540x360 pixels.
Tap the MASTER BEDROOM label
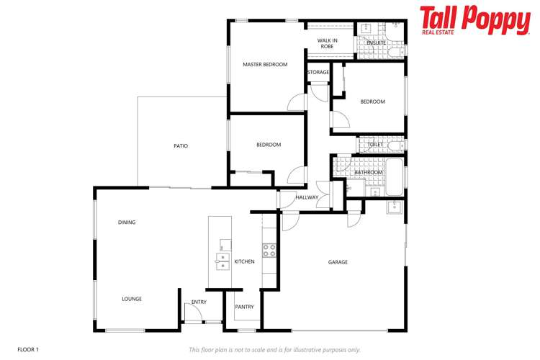pyautogui.click(x=265, y=65)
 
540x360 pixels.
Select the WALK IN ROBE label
pyautogui.click(x=327, y=43)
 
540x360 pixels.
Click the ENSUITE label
pyautogui.click(x=376, y=43)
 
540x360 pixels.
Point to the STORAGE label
pyautogui.click(x=318, y=73)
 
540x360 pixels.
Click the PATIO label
pyautogui.click(x=181, y=146)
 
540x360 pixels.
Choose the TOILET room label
pyautogui.click(x=375, y=145)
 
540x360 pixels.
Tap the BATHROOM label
pyautogui.click(x=369, y=173)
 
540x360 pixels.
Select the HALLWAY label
pyautogui.click(x=307, y=197)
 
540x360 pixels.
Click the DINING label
pyautogui.click(x=127, y=222)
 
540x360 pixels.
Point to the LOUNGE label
pyautogui.click(x=132, y=299)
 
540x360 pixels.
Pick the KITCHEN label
pyautogui.click(x=245, y=261)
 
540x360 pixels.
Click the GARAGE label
pyautogui.click(x=338, y=262)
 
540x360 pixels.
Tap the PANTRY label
pyautogui.click(x=244, y=307)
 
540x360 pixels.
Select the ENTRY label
pyautogui.click(x=199, y=302)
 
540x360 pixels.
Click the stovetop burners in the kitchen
pyautogui.click(x=269, y=250)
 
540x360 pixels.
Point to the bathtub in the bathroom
pyautogui.click(x=395, y=178)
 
